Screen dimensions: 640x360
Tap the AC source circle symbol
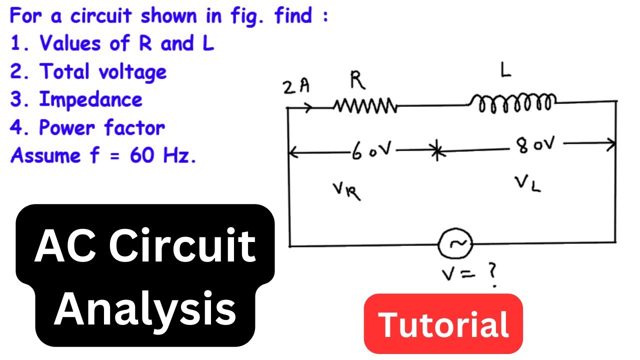[x=455, y=243]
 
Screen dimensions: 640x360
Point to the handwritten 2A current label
[x=296, y=86]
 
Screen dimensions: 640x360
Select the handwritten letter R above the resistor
[x=357, y=80]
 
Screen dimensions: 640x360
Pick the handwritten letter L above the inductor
[x=505, y=70]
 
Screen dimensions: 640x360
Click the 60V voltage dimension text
[x=371, y=150]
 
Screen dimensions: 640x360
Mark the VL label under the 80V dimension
[x=528, y=184]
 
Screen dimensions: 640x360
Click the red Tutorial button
[x=443, y=323]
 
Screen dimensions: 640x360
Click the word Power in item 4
[x=66, y=127]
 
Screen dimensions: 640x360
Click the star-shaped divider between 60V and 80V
[x=437, y=150]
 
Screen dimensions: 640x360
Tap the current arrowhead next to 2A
[x=308, y=107]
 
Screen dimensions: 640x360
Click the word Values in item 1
[x=70, y=43]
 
